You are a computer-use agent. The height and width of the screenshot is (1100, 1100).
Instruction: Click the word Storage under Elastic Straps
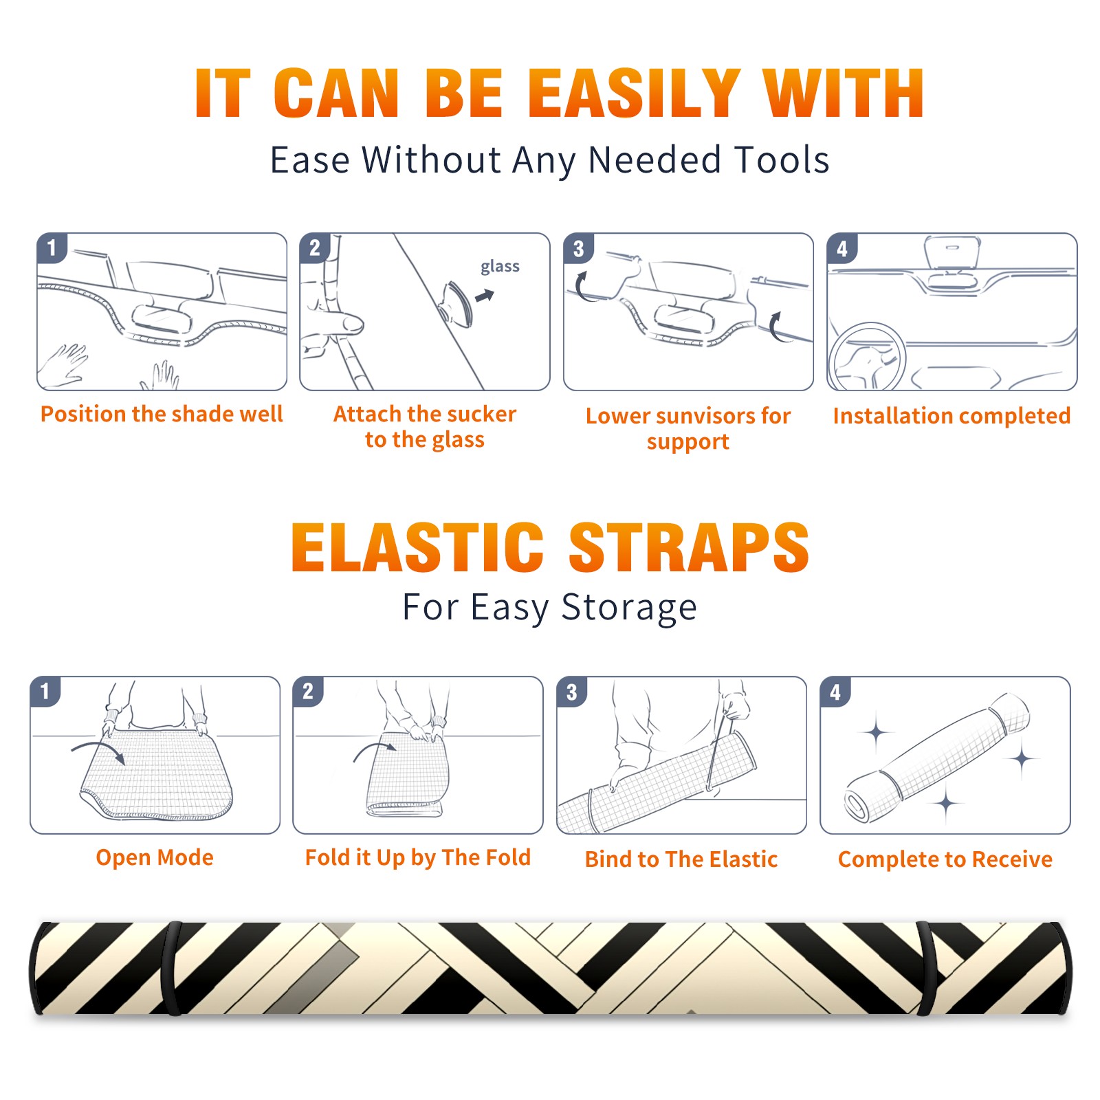coord(629,608)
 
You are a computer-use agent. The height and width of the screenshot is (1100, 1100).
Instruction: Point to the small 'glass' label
coord(500,267)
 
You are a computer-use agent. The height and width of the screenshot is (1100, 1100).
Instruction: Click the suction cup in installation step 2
coord(456,303)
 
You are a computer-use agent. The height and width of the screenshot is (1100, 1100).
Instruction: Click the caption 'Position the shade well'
coord(162,414)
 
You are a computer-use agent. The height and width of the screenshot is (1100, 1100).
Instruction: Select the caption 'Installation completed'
coord(951,416)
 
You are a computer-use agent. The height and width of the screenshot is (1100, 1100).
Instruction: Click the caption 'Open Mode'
coord(155,857)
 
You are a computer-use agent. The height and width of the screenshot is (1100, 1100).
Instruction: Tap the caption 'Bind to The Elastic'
coord(681,859)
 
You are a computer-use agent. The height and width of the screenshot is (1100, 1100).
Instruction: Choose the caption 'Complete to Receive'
coord(945,859)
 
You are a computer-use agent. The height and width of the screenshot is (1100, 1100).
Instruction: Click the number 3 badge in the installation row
coord(578,248)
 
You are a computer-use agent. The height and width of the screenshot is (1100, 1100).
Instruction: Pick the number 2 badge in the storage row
coord(307,691)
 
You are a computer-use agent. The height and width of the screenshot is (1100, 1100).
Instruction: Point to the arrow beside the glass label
coord(485,296)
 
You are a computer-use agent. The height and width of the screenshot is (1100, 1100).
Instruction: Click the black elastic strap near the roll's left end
coord(172,968)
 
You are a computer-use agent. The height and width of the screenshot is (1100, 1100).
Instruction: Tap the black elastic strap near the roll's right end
coord(926,968)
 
